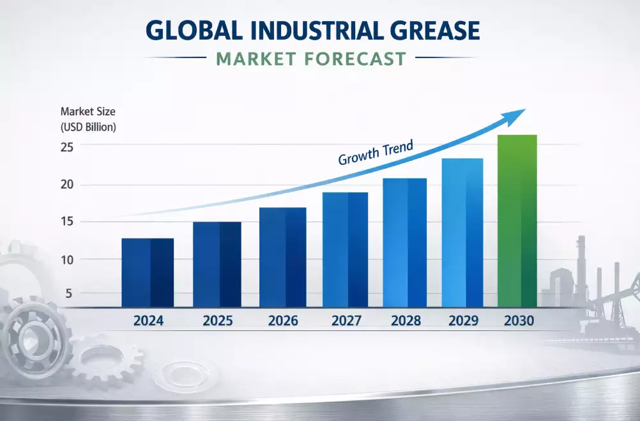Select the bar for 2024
coord(147,273)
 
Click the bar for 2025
coord(217,264)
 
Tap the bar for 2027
coord(345,250)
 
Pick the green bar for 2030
coord(517,221)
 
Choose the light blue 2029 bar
coord(463,233)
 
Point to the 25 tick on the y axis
coord(68,147)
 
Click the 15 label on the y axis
coord(68,222)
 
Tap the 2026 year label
coord(282,321)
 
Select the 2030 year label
coord(519,321)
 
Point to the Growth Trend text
coord(376,153)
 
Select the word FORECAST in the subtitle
coord(354,59)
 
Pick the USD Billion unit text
coord(88,127)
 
